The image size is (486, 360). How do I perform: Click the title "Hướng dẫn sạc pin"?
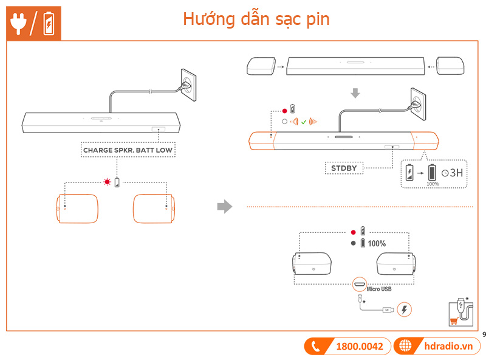[256, 19]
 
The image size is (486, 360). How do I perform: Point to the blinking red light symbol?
[108, 182]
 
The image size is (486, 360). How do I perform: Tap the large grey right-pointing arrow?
[225, 207]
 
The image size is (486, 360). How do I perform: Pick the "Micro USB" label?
[379, 289]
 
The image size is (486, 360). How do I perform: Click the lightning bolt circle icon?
[403, 310]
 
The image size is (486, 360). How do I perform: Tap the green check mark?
[303, 122]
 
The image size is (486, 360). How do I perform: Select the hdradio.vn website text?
[448, 346]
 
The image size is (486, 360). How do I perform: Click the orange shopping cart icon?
[452, 322]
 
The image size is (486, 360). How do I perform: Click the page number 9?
[484, 334]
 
